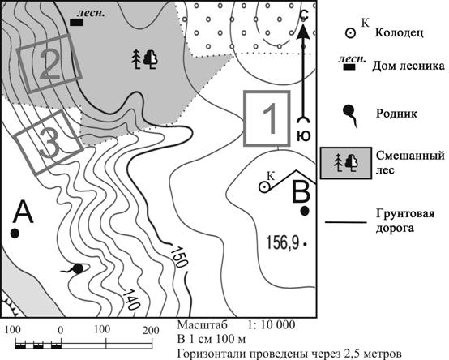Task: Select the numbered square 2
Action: pos(49,63)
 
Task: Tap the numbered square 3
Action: pos(49,143)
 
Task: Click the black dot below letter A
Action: pos(15,234)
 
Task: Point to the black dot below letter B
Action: pos(305,211)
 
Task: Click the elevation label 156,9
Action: pos(283,242)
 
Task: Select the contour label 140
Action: pos(131,299)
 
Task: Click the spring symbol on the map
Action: pos(75,268)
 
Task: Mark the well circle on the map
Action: pos(264,187)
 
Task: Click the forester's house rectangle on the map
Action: pos(77,23)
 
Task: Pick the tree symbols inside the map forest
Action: pos(145,59)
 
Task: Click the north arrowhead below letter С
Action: pos(303,32)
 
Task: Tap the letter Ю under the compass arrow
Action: pos(304,135)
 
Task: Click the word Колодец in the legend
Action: pos(400,32)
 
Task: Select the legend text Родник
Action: pos(396,114)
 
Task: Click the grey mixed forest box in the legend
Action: pos(346,163)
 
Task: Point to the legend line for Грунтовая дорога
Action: pos(346,222)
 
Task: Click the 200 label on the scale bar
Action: pos(151,330)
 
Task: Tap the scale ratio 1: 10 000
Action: pos(272,325)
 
